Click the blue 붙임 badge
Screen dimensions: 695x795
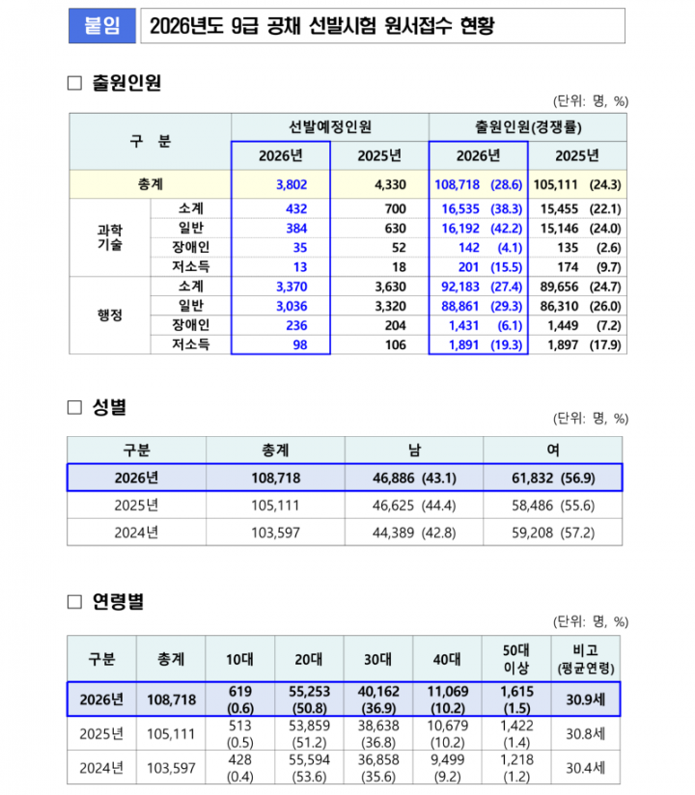coord(101,27)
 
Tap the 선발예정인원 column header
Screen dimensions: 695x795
coord(330,127)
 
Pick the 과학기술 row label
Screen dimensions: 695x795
coord(110,236)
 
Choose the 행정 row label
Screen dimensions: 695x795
coord(110,315)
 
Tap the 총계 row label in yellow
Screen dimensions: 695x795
coord(150,184)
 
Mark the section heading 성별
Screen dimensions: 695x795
coord(109,407)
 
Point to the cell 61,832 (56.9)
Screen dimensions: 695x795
coord(551,478)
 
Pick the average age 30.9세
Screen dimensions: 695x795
coord(585,699)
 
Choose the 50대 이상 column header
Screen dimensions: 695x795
coord(516,659)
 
